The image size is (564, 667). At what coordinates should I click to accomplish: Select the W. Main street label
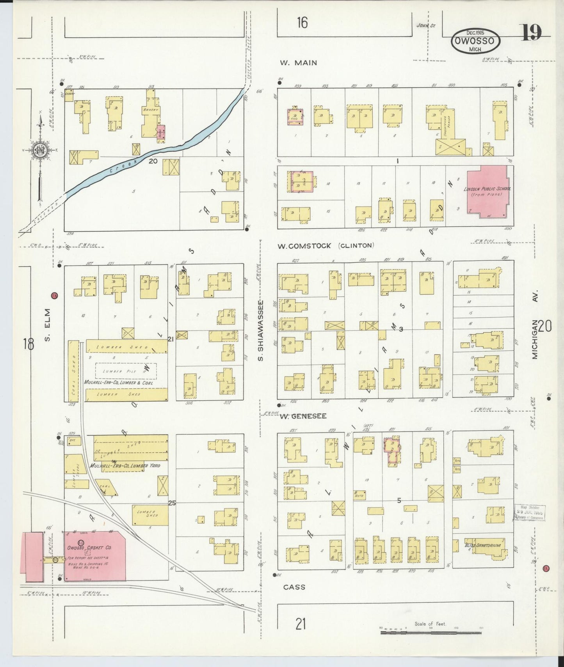pyautogui.click(x=298, y=63)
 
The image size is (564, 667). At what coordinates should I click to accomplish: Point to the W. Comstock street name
pyautogui.click(x=304, y=246)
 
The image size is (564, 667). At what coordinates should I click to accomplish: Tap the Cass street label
pyautogui.click(x=294, y=587)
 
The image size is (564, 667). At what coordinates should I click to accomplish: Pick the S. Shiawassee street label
pyautogui.click(x=262, y=331)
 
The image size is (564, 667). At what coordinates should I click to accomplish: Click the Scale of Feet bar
pyautogui.click(x=431, y=632)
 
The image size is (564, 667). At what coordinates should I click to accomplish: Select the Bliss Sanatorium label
pyautogui.click(x=482, y=545)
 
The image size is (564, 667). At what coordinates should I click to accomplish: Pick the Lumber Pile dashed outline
pyautogui.click(x=126, y=371)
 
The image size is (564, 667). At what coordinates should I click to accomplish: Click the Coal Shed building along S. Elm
pyautogui.click(x=73, y=371)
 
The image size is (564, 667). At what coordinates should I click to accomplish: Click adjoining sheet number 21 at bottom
pyautogui.click(x=300, y=624)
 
